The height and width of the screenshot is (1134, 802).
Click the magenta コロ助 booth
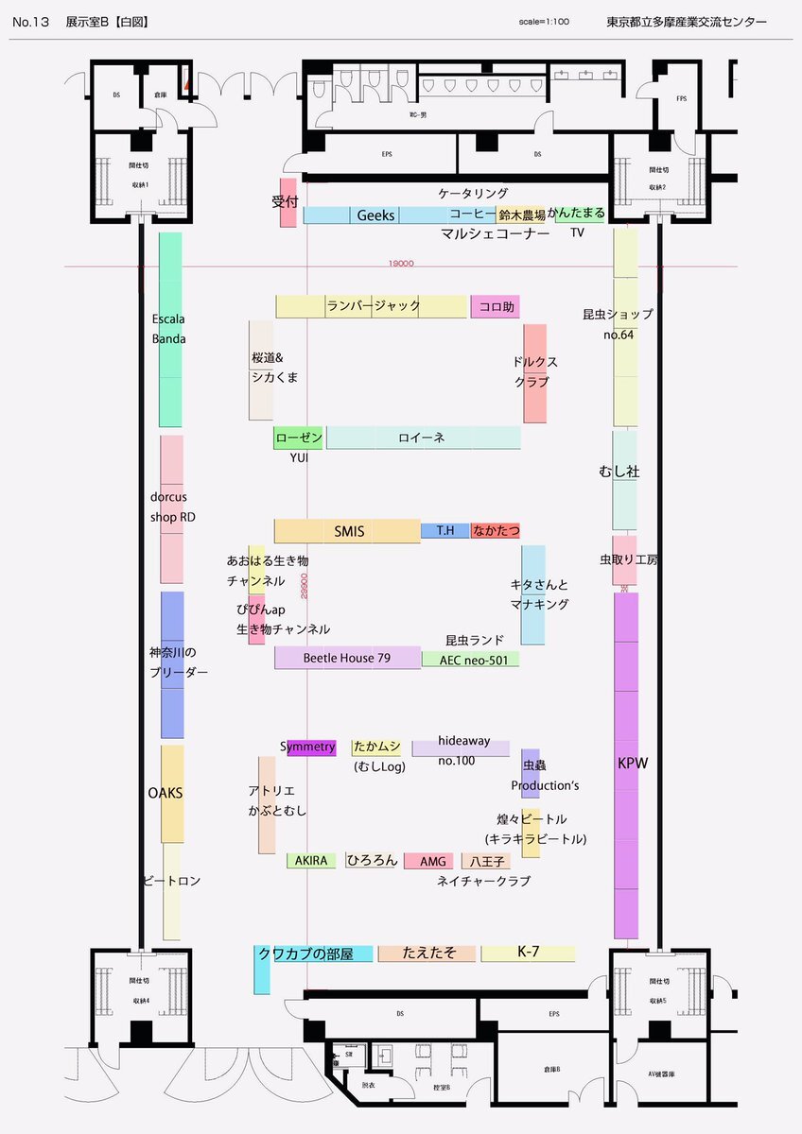pyautogui.click(x=496, y=307)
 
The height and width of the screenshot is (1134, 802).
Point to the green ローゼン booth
pyautogui.click(x=299, y=438)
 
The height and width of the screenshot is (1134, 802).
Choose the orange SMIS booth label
pyautogui.click(x=349, y=531)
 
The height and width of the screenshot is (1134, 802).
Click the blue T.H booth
pyautogui.click(x=445, y=531)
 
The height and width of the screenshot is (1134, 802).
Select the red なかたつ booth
pyautogui.click(x=496, y=531)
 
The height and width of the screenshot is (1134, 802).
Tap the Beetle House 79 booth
pyautogui.click(x=347, y=658)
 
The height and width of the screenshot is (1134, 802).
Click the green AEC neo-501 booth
pyautogui.click(x=471, y=660)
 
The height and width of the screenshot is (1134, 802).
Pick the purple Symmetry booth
pyautogui.click(x=310, y=747)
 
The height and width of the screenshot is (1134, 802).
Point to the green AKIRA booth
pyautogui.click(x=311, y=861)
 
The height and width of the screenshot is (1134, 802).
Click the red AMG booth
pyautogui.click(x=432, y=861)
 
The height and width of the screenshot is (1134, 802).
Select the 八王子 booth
pyautogui.click(x=486, y=861)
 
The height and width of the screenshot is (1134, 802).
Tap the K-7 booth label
pyautogui.click(x=528, y=953)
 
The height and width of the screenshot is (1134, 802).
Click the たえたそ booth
pyautogui.click(x=428, y=954)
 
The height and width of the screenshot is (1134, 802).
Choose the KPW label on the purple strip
pyautogui.click(x=633, y=763)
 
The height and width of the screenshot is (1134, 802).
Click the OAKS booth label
pyautogui.click(x=166, y=793)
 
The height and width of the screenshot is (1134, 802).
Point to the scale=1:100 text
pyautogui.click(x=544, y=21)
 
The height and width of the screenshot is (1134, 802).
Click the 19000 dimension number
pyautogui.click(x=401, y=266)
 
